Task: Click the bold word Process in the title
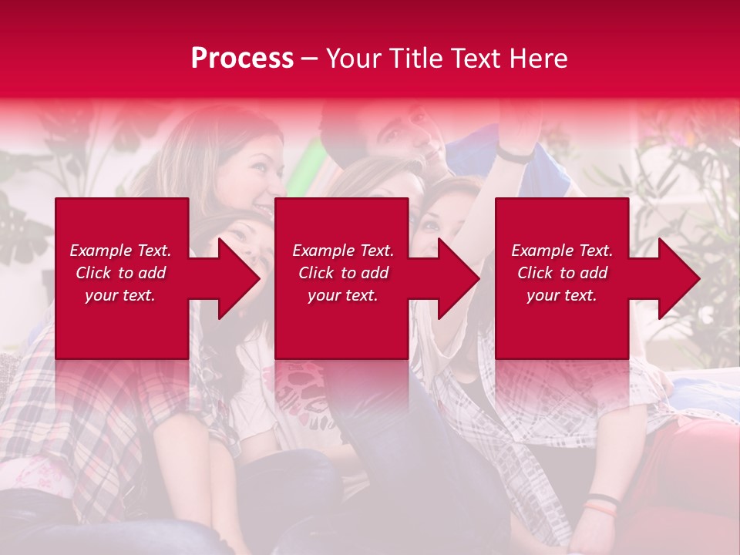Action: point(242,59)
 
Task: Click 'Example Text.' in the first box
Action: point(120,251)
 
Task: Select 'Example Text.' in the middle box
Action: point(343,251)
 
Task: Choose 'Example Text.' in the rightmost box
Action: point(562,251)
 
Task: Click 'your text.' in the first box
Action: point(120,295)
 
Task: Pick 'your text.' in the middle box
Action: point(343,295)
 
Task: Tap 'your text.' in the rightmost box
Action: point(562,295)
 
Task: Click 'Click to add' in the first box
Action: point(120,273)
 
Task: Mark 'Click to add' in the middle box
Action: point(343,273)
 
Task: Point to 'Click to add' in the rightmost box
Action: point(562,273)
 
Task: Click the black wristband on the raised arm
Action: point(515,156)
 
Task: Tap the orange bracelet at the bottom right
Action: point(601,508)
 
